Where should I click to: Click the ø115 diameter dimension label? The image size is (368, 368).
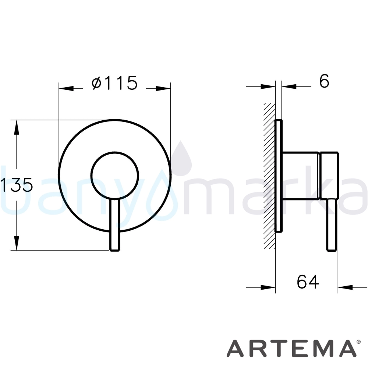point(114,83)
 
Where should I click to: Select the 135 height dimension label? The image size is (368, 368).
point(17,185)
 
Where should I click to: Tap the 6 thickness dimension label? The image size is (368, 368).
point(324,81)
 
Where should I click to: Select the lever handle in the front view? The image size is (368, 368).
point(115,225)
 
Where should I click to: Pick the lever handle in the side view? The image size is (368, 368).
point(332,225)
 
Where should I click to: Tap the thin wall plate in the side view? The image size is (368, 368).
point(279,176)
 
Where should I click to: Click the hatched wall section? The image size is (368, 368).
point(269,176)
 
